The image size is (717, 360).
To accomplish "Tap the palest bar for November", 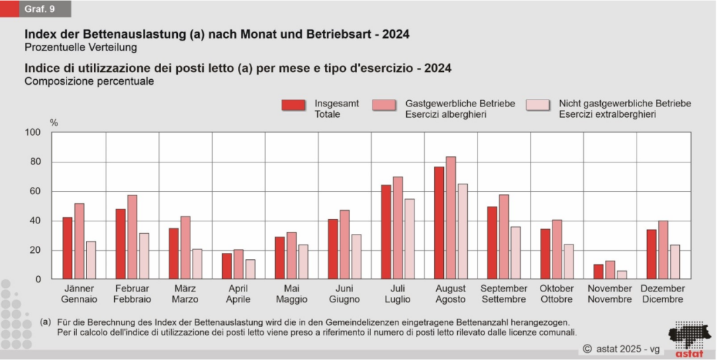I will (622, 275).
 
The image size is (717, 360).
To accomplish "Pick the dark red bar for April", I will (227, 266).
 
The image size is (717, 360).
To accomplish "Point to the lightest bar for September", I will (515, 253).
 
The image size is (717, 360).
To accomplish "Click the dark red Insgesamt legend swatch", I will (294, 105).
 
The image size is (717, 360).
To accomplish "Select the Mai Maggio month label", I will (291, 294).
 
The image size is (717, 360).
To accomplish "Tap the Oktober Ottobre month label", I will (557, 294).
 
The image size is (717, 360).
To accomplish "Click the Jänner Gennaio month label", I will (79, 294).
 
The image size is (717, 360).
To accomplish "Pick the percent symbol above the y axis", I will (54, 123).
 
